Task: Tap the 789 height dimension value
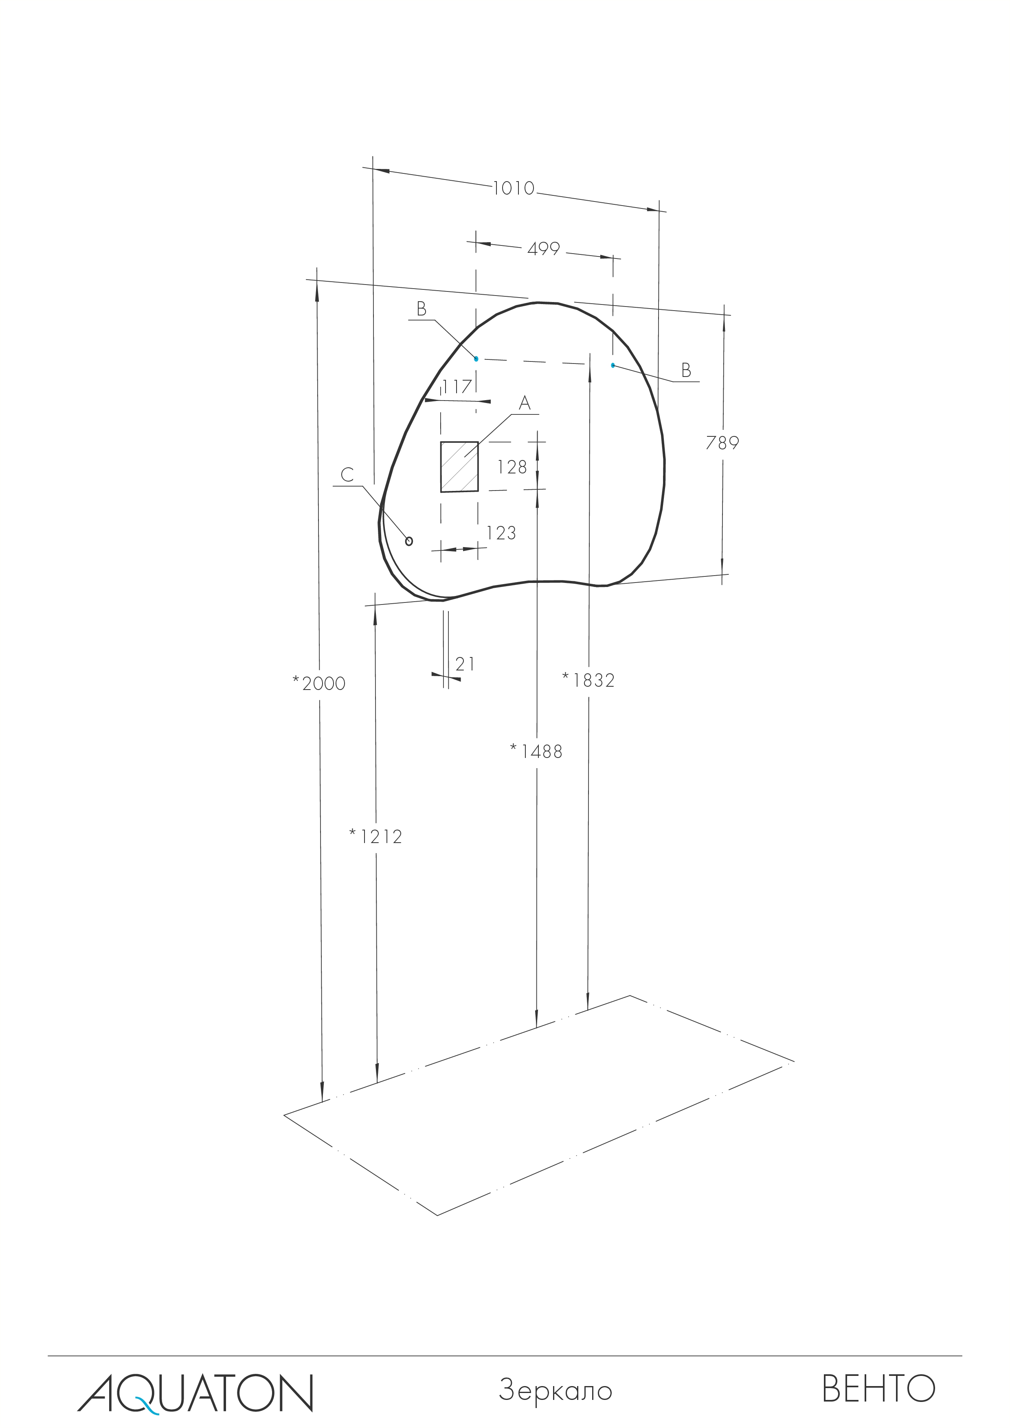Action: coord(722,443)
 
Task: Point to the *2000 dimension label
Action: coord(319,683)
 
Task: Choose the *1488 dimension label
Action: coord(536,752)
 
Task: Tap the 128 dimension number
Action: coord(512,467)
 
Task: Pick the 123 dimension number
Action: coord(501,533)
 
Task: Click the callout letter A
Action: coord(525,404)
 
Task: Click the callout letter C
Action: coord(347,475)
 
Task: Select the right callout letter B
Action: coord(686,370)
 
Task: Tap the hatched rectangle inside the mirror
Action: coord(459,467)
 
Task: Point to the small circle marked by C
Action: coord(409,541)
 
